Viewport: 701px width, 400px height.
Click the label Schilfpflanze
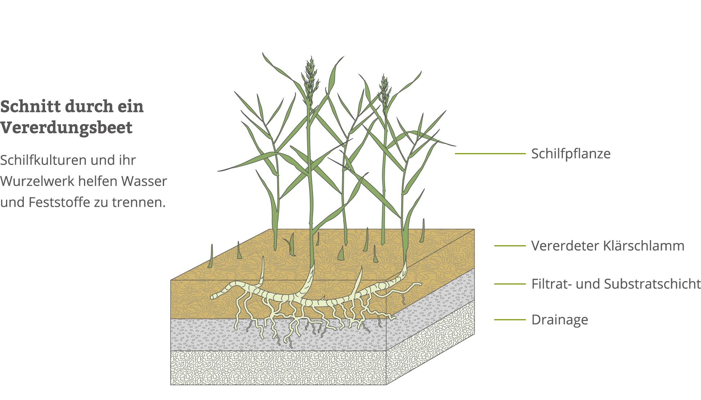[x=570, y=154]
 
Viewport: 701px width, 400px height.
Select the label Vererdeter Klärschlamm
[x=607, y=246]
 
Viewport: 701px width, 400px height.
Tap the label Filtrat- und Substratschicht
[x=616, y=284]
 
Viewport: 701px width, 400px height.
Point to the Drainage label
[x=559, y=320]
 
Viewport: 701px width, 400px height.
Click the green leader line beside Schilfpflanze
[x=490, y=154]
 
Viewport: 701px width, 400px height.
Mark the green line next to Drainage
[x=510, y=319]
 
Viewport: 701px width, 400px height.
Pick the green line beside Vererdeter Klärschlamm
[x=510, y=246]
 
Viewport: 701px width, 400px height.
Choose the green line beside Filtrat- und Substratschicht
[x=510, y=284]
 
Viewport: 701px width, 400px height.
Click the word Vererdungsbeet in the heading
[x=66, y=127]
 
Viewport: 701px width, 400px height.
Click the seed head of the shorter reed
[x=384, y=90]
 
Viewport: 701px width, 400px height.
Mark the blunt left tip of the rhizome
[x=213, y=296]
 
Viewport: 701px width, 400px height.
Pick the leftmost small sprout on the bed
[x=211, y=257]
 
